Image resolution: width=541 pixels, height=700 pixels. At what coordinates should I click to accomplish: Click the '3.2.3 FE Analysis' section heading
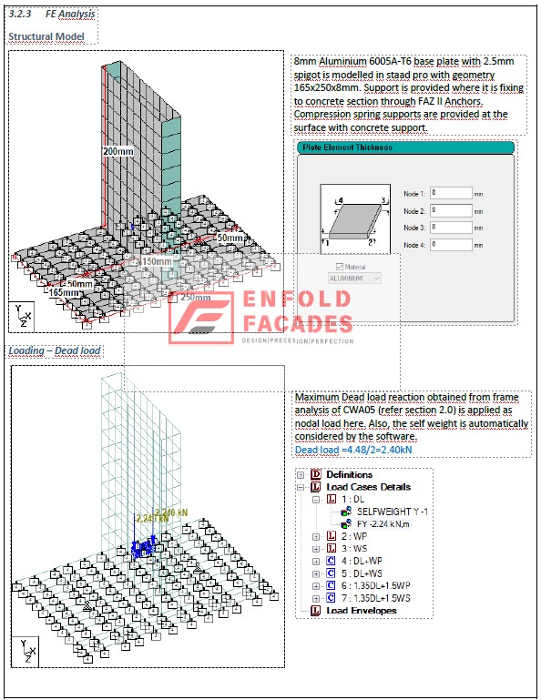point(51,14)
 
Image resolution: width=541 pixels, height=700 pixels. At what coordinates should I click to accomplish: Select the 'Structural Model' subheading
point(46,36)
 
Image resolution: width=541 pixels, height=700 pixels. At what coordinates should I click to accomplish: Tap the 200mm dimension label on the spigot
point(118,151)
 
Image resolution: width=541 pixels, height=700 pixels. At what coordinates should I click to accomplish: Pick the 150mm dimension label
point(157,261)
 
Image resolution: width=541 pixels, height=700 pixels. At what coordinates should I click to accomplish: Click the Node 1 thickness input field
point(450,193)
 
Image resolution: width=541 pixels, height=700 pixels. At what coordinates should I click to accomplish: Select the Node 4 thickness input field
point(450,245)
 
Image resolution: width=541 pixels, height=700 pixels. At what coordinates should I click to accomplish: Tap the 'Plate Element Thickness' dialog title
point(348,147)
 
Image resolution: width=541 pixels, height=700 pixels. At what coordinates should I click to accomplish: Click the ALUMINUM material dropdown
point(354,278)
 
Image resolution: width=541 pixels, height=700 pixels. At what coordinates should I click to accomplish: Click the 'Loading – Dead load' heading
point(55,350)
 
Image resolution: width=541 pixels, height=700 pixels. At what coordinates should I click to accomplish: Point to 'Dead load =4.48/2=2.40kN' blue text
point(353,450)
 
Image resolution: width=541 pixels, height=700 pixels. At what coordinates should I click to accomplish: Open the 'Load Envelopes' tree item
point(362,611)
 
